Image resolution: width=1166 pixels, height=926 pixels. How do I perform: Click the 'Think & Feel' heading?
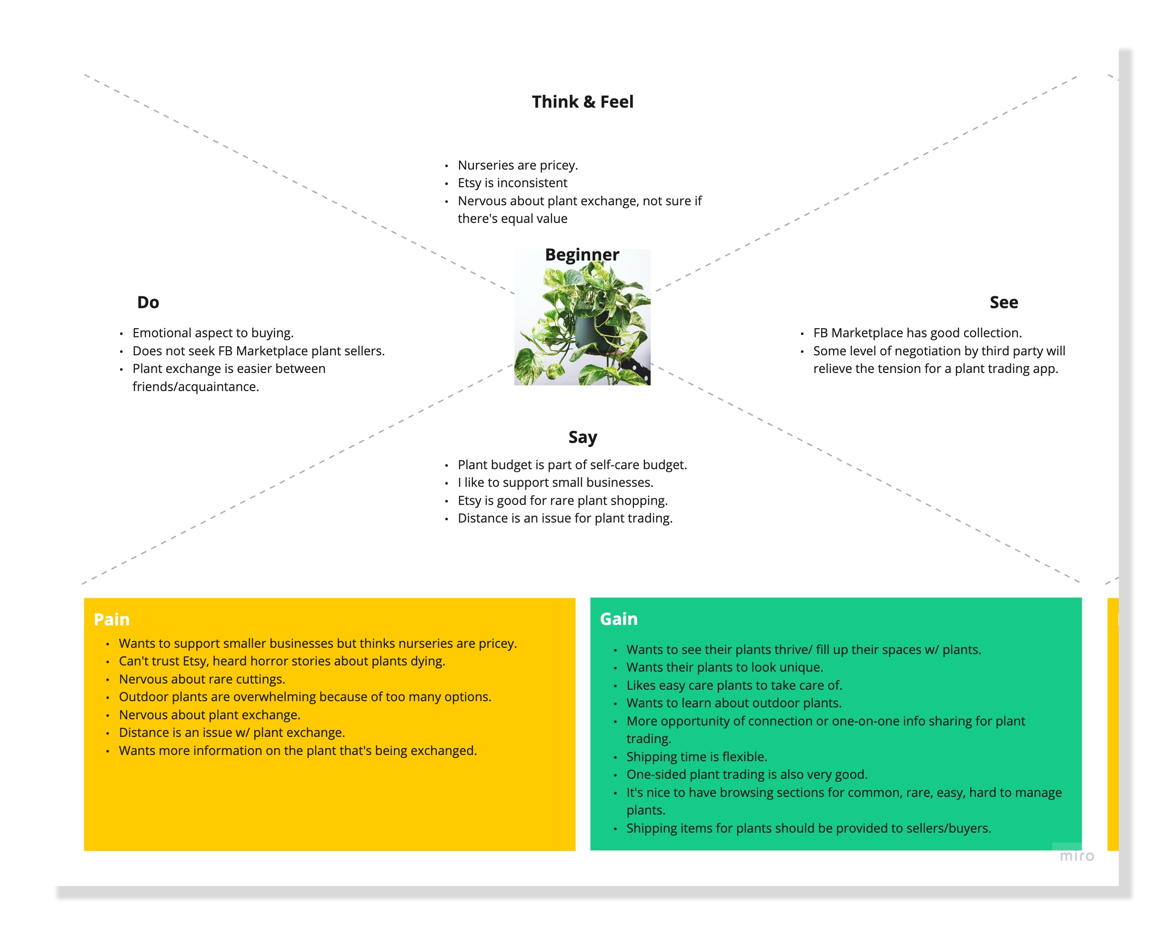click(583, 101)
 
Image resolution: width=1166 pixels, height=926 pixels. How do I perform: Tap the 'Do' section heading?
click(148, 302)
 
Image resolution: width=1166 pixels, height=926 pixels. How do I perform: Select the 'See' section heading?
click(1003, 302)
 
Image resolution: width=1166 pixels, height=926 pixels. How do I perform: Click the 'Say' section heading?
click(583, 437)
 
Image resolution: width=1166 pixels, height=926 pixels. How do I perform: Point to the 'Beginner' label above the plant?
click(582, 255)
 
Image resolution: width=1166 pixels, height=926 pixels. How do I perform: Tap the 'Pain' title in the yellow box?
click(112, 619)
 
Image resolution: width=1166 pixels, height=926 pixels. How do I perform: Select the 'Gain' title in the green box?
click(619, 619)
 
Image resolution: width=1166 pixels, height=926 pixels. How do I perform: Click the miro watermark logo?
click(1076, 856)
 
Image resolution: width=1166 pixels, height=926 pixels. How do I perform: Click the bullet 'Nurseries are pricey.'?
click(518, 165)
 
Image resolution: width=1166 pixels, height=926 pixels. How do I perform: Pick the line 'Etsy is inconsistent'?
click(512, 183)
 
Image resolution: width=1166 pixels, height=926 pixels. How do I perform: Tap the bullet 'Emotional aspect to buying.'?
click(212, 332)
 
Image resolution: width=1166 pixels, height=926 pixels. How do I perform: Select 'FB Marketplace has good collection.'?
click(917, 332)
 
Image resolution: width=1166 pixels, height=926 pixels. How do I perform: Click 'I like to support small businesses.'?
click(555, 483)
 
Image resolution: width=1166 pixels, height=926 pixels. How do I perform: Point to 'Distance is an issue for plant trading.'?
click(564, 518)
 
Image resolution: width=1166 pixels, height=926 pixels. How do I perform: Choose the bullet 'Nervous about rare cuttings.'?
click(202, 679)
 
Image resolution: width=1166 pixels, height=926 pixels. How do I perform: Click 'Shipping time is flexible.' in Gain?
click(696, 757)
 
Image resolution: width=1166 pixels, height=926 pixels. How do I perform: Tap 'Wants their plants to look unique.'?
click(724, 667)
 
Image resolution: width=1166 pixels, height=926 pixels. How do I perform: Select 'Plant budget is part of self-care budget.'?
click(572, 464)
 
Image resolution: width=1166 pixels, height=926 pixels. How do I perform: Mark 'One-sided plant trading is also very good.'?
click(746, 775)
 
